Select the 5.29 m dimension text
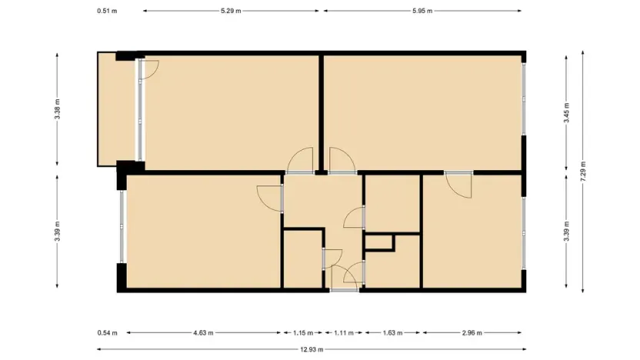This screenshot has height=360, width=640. pos(231,11)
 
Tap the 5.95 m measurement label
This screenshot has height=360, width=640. pos(422,11)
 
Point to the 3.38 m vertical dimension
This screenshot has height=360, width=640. pos(58,109)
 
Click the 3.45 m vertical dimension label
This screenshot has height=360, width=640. pos(567,112)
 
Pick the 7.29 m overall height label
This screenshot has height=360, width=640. pos(584,169)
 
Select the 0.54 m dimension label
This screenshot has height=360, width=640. pos(108,333)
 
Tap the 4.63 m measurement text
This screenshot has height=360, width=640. pos(203,333)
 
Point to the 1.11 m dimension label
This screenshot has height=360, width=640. pos(343,333)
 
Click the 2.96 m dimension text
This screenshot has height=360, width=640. pos(473,333)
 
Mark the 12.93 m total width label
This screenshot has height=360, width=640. pos(311,349)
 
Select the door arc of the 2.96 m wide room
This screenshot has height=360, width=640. pos(459,187)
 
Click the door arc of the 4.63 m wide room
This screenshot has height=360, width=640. pos(268,198)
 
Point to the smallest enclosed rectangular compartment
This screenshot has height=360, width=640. pos(378,243)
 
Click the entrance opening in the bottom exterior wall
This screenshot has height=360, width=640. pos(345,289)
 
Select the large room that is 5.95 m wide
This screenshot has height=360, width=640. pos(423,112)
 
